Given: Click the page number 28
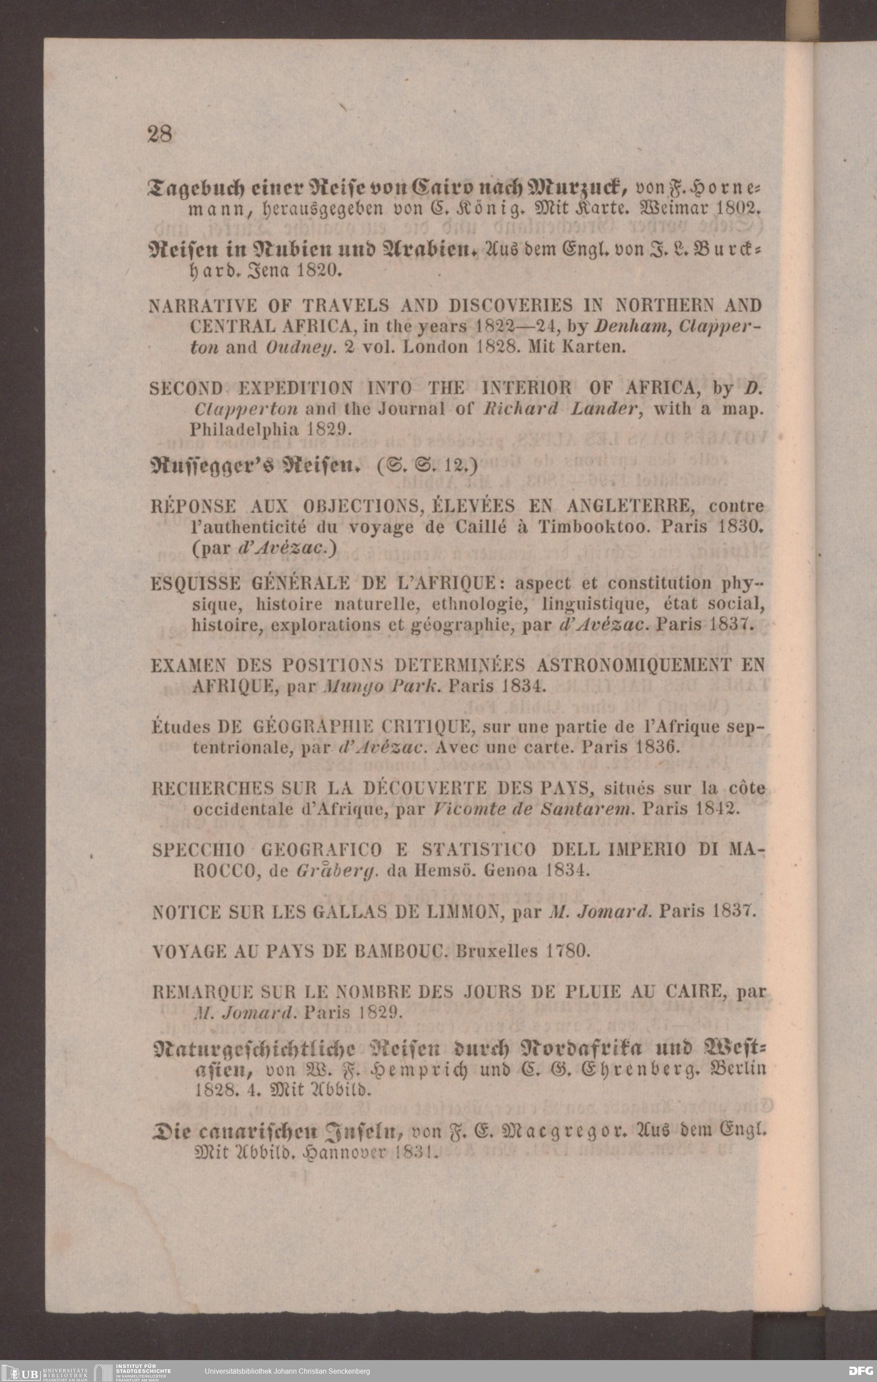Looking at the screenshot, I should pos(160,134).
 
